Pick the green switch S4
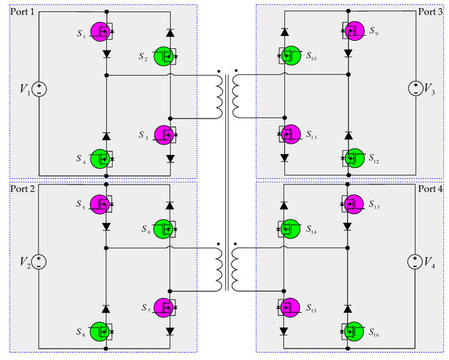point(103,158)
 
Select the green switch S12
point(353,158)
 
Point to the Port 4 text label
point(427,190)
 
